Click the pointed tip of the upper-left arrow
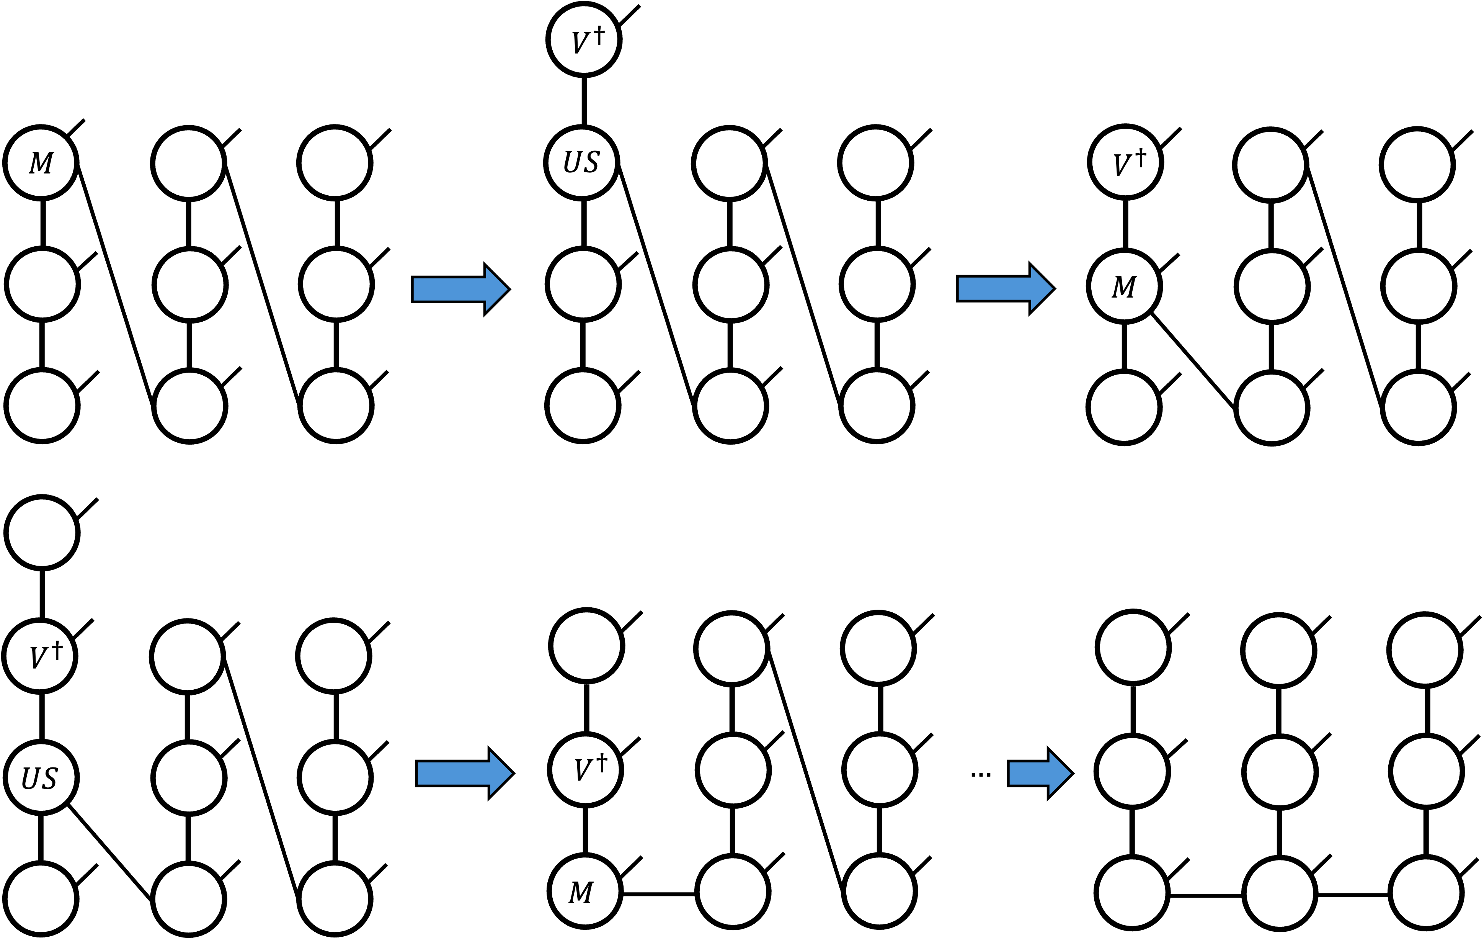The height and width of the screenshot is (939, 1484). click(506, 289)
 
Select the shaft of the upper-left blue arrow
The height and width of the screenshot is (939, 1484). click(450, 289)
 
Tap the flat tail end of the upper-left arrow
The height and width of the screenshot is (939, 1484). click(415, 289)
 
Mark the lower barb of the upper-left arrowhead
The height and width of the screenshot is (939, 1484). click(488, 308)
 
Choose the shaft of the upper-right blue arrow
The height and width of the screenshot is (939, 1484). click(995, 288)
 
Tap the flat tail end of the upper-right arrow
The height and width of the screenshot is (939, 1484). click(960, 288)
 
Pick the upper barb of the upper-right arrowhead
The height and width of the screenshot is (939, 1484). click(1032, 270)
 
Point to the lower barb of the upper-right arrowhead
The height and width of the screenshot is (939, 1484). click(1032, 308)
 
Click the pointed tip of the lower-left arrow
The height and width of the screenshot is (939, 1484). click(510, 773)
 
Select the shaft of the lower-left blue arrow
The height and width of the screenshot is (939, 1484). click(454, 773)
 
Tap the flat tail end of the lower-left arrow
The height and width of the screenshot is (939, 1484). click(419, 773)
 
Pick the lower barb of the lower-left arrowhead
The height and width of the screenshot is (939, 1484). click(492, 792)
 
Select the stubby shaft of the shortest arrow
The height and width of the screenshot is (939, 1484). click(1029, 773)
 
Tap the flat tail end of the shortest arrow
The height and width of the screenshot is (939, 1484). click(1011, 773)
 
